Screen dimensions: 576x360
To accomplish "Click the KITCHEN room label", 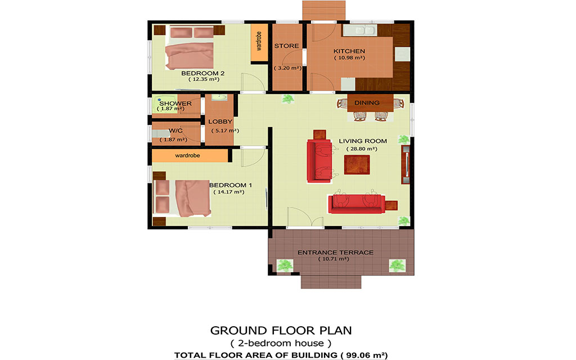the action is tap(349, 51).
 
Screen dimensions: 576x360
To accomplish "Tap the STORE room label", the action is tap(286, 46).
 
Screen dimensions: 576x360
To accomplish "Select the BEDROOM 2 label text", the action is tap(202, 73).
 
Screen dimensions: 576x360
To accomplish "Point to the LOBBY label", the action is tap(220, 121).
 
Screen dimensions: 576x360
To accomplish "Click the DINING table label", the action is tap(367, 103).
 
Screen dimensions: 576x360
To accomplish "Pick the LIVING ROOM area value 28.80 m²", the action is tap(362, 148).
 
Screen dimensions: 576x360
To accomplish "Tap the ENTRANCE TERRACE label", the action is tap(335, 253).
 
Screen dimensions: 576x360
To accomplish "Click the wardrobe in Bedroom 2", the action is tap(259, 43).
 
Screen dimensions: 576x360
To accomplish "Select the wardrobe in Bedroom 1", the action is tap(190, 155).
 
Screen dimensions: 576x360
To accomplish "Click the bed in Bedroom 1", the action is tap(182, 197).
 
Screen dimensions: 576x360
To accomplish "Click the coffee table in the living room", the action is tap(357, 165).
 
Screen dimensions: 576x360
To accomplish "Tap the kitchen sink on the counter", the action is tap(360, 30).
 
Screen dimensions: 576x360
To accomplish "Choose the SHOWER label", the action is tap(175, 103).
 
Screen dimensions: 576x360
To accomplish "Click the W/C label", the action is tap(175, 130).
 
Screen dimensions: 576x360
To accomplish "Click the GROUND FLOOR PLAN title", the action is tap(281, 331).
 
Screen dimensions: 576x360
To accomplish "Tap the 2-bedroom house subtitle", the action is tap(281, 344).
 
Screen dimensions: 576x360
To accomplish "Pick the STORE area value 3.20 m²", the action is tap(287, 68).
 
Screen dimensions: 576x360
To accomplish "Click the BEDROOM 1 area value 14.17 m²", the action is tap(228, 192).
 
